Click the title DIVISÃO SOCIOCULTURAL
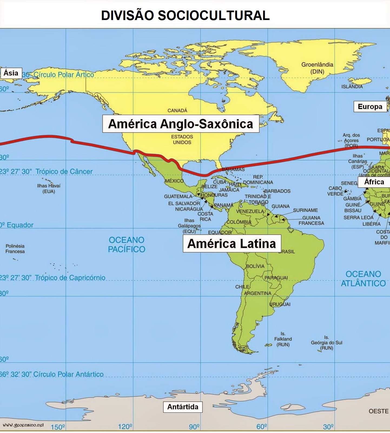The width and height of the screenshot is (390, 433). [185, 15]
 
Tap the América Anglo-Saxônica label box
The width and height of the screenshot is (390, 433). [181, 124]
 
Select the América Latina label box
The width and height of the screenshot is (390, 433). [232, 244]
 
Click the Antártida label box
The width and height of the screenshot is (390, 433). [183, 407]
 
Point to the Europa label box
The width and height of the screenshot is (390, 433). [370, 107]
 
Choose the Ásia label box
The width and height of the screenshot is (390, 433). [11, 73]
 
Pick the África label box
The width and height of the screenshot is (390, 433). [374, 182]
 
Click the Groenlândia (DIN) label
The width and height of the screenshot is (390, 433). [317, 68]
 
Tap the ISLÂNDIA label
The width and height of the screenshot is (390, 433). [352, 87]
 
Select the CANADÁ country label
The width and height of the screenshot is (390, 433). [177, 110]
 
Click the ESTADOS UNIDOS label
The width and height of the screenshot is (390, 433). [182, 139]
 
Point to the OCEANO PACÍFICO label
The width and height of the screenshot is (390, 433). [127, 244]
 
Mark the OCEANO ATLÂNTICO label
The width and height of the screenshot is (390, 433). [363, 278]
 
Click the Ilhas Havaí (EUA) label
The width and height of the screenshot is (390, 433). [49, 188]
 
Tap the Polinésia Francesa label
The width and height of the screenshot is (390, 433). [15, 248]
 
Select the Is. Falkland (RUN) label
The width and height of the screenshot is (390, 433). [283, 339]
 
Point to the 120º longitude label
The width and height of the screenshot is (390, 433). [125, 427]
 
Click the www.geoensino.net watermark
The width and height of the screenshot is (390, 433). [23, 425]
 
